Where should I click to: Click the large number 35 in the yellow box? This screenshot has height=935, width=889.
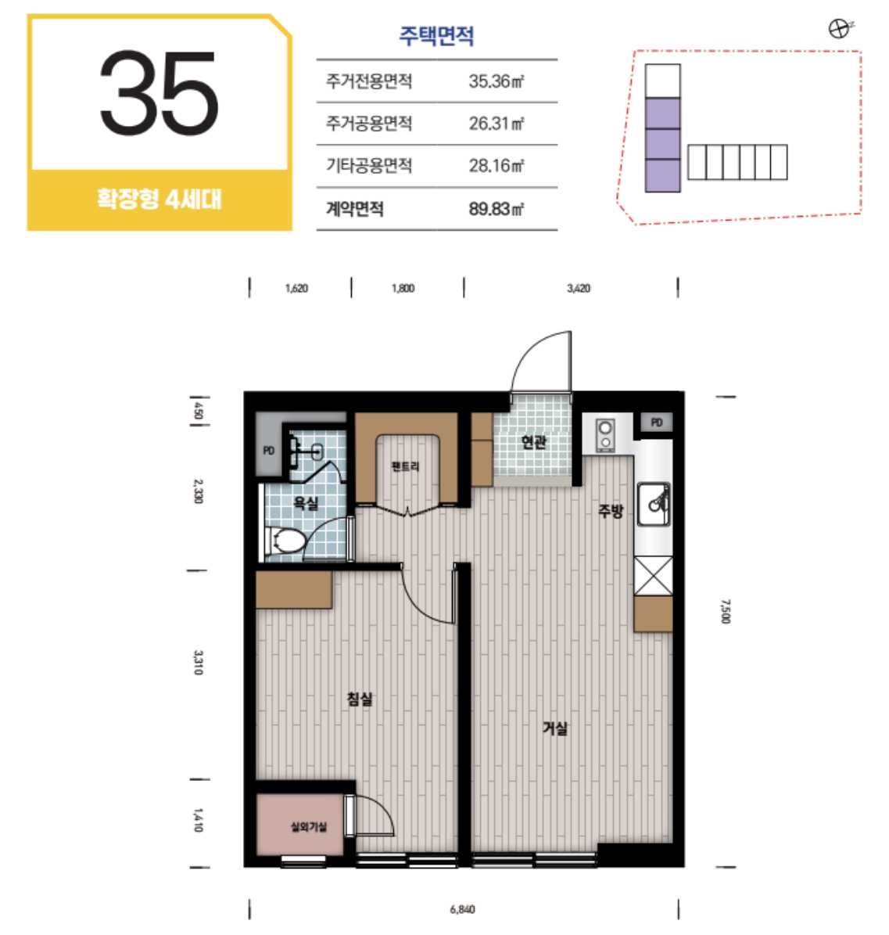click(x=159, y=93)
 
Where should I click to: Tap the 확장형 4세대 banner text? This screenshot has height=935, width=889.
click(x=159, y=200)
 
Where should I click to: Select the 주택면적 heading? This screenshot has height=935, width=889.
click(x=437, y=36)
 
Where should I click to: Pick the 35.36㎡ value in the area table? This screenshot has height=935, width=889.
click(x=496, y=81)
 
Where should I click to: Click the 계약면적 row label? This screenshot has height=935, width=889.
click(x=354, y=209)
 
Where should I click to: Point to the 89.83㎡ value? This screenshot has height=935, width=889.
click(x=496, y=209)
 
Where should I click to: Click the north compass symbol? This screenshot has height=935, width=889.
click(x=840, y=29)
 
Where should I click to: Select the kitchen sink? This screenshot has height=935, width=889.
click(x=654, y=504)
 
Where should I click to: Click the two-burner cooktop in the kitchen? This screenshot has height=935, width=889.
click(x=605, y=434)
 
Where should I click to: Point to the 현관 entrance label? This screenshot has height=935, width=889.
click(x=533, y=442)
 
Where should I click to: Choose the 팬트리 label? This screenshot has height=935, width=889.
click(x=405, y=466)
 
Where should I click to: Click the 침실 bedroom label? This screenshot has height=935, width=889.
click(x=360, y=698)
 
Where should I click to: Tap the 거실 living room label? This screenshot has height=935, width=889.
click(x=554, y=728)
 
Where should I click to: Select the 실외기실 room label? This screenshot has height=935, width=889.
click(x=309, y=826)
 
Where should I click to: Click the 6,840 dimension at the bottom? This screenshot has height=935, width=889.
click(x=462, y=909)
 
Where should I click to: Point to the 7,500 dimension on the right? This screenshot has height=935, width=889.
click(x=725, y=612)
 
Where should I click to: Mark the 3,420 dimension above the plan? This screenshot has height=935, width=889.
click(x=579, y=289)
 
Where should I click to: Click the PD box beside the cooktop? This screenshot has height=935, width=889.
click(x=657, y=423)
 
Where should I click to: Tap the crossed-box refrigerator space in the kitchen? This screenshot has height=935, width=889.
click(x=653, y=576)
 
